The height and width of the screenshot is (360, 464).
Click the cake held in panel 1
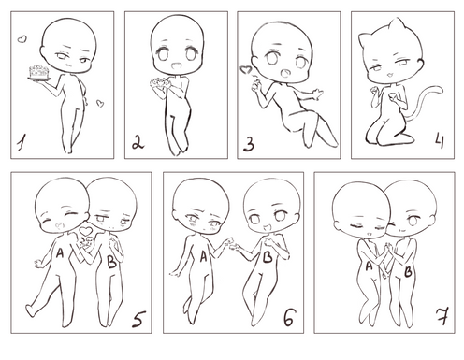click(x=39, y=73)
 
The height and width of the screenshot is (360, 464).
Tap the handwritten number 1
click(x=22, y=142)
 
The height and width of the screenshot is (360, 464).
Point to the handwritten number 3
click(x=249, y=144)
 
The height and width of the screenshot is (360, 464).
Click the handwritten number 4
click(x=440, y=140)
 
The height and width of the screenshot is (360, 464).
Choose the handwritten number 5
click(x=138, y=319)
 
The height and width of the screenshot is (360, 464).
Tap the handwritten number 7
click(x=442, y=316)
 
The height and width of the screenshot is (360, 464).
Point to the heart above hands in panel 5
click(x=86, y=231)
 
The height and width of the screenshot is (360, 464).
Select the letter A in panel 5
click(x=59, y=253)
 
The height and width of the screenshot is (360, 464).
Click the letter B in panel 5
click(x=111, y=262)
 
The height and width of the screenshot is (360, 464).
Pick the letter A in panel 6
click(x=203, y=257)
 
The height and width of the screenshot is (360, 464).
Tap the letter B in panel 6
click(x=268, y=257)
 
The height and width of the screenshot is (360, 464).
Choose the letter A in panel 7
click(x=369, y=266)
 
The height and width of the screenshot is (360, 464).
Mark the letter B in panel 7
click(x=408, y=272)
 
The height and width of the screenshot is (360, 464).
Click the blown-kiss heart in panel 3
click(x=246, y=69)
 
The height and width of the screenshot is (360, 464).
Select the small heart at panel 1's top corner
click(x=22, y=39)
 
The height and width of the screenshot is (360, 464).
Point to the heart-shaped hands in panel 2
click(x=160, y=82)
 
